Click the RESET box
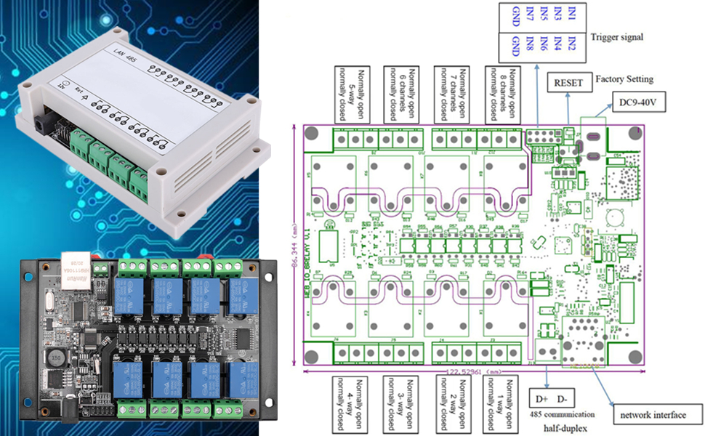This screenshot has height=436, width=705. [568, 83]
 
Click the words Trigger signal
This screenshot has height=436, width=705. [617, 36]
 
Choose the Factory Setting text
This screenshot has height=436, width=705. [624, 78]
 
